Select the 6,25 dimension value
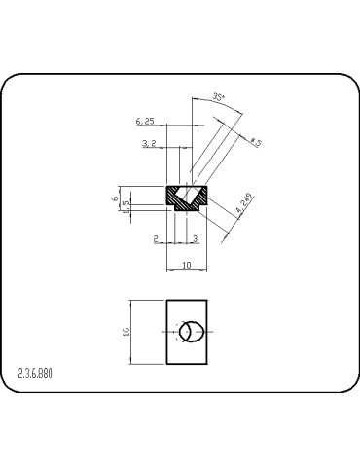[x=145, y=121]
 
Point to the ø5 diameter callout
[x=256, y=142]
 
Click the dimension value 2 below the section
[x=156, y=236]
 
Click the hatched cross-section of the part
[x=176, y=198]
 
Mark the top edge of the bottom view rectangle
[x=188, y=301]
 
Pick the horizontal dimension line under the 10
[x=188, y=269]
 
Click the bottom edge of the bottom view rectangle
[x=188, y=365]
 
